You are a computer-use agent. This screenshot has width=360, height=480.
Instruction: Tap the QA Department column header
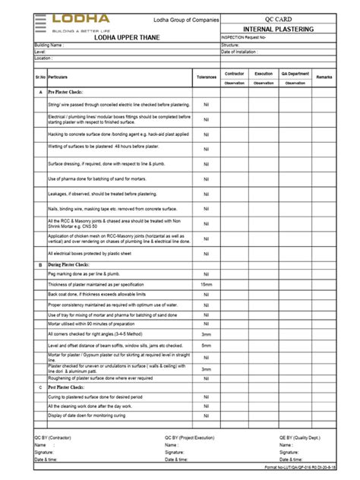point(294,73)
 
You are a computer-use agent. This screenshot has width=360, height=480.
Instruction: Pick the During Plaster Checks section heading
point(73,265)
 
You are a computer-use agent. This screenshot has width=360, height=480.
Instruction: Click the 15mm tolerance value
point(207,284)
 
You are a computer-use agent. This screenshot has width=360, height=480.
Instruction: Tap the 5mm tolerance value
point(207,344)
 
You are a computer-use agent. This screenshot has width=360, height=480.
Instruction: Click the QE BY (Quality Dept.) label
point(299,438)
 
